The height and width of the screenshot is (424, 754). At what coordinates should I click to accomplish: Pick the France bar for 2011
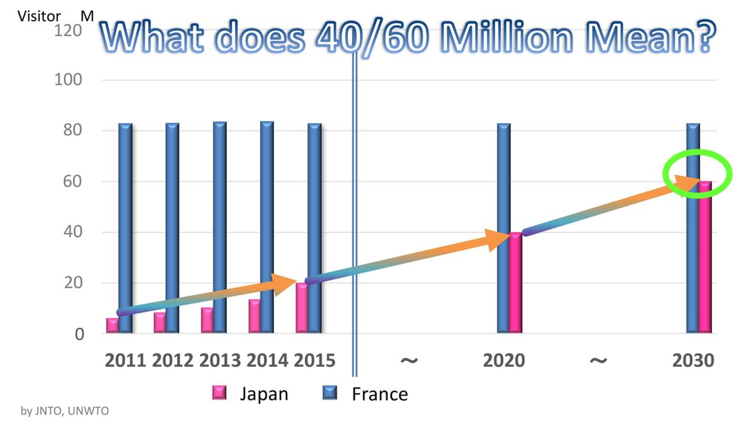[x=125, y=220]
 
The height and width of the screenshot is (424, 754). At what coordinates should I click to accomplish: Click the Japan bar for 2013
[x=207, y=320]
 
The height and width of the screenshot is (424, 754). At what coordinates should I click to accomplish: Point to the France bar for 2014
[x=267, y=220]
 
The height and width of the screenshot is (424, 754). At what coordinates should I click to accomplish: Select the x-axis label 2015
[x=314, y=361]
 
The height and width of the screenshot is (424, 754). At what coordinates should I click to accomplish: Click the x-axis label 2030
[x=693, y=361]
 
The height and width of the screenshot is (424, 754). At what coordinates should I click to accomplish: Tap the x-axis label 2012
[x=173, y=361]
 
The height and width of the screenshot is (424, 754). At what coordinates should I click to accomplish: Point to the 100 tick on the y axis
[x=68, y=80]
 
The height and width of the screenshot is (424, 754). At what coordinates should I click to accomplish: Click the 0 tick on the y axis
[x=79, y=334]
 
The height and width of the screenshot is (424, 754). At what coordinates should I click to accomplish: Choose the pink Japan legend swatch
[x=219, y=393]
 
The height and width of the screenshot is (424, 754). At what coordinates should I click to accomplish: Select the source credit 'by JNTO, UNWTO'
[x=65, y=411]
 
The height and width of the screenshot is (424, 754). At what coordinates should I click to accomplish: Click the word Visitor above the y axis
[x=39, y=16]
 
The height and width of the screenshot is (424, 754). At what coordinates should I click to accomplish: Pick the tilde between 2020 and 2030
[x=598, y=360]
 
